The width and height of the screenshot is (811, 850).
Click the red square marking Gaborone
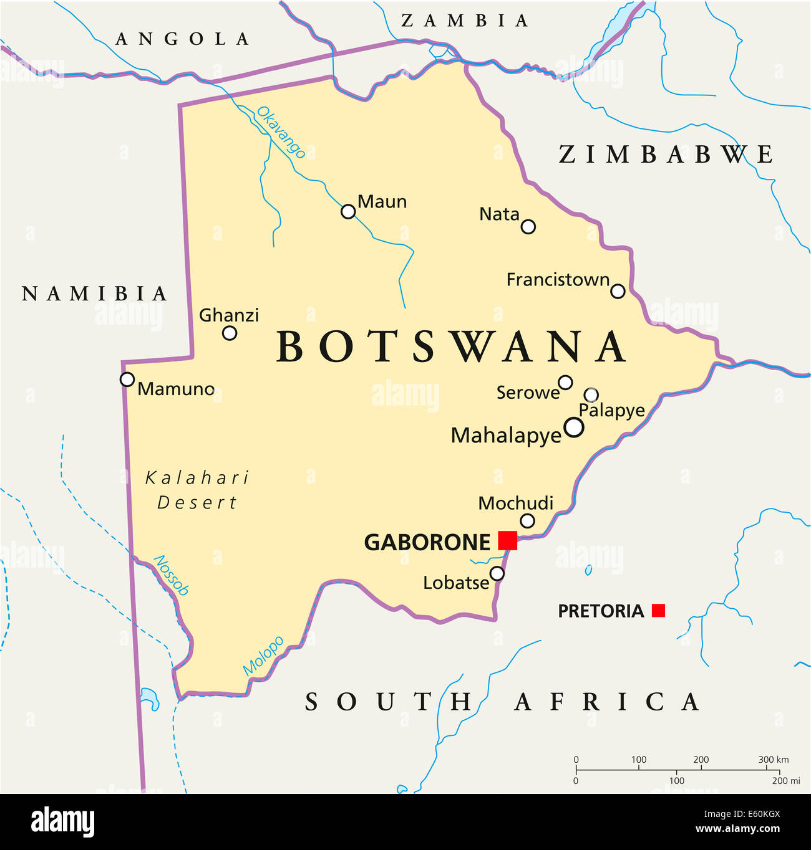[507, 540]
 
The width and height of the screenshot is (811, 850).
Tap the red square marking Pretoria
[658, 611]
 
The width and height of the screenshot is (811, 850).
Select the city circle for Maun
[348, 212]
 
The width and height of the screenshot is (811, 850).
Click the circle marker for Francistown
[618, 291]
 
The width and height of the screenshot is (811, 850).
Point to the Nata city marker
[528, 227]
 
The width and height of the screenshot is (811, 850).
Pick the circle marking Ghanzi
[230, 333]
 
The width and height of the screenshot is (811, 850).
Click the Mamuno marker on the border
[127, 380]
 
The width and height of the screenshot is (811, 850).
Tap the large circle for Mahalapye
[574, 427]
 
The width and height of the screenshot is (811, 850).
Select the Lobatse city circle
[497, 573]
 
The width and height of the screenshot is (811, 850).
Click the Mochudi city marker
[527, 521]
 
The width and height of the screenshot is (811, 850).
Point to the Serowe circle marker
[565, 382]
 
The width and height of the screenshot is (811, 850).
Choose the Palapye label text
[611, 411]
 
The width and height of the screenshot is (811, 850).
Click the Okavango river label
[281, 132]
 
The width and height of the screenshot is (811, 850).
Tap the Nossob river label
[172, 575]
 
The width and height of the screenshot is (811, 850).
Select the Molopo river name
[263, 656]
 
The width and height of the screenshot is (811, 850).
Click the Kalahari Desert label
[197, 490]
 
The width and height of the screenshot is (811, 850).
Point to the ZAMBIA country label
[465, 21]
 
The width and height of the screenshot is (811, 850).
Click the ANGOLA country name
[183, 39]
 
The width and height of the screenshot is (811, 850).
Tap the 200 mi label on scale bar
[786, 781]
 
